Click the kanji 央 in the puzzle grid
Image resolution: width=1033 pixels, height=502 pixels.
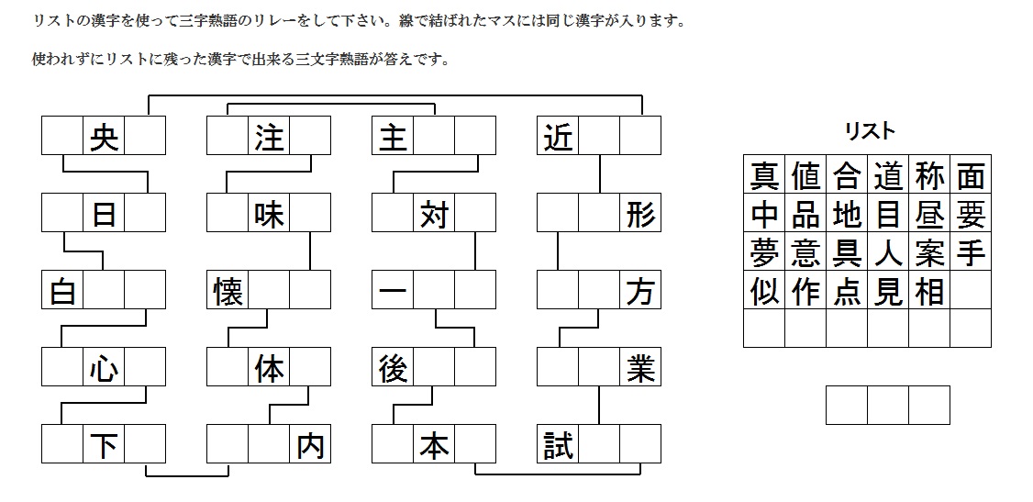[104, 136]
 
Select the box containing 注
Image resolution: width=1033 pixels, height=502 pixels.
[269, 136]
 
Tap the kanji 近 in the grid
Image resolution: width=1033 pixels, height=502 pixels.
[557, 136]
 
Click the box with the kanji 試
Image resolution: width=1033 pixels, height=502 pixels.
[557, 445]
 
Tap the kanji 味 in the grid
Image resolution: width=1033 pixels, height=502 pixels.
[269, 213]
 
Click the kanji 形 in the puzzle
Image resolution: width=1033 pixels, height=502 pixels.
[640, 213]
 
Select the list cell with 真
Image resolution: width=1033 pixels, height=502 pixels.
[764, 174]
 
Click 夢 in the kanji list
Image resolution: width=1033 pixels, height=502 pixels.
[764, 251]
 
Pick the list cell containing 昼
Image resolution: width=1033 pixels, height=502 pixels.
[929, 213]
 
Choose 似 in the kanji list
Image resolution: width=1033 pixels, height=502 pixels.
[764, 290]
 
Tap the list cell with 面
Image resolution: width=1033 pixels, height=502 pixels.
[971, 174]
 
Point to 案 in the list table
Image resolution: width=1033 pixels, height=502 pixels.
[929, 251]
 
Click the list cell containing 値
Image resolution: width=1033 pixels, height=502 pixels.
[805, 174]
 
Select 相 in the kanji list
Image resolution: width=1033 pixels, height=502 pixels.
[929, 290]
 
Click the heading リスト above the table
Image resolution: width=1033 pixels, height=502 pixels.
[869, 131]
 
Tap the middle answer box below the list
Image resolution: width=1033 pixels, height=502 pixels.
[888, 405]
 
